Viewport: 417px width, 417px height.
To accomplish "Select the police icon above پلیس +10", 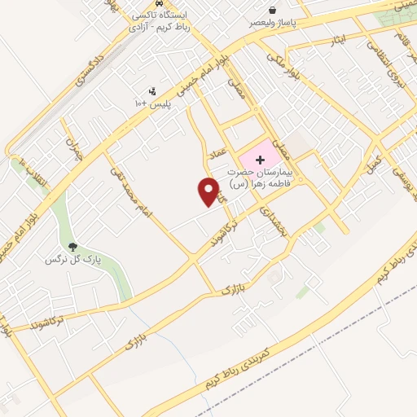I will click(x=152, y=91).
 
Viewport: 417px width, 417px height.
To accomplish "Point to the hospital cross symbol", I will click(x=260, y=159).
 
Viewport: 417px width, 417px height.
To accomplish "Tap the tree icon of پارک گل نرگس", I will click(x=72, y=246).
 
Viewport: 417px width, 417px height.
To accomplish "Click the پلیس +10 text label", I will click(x=153, y=104).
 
